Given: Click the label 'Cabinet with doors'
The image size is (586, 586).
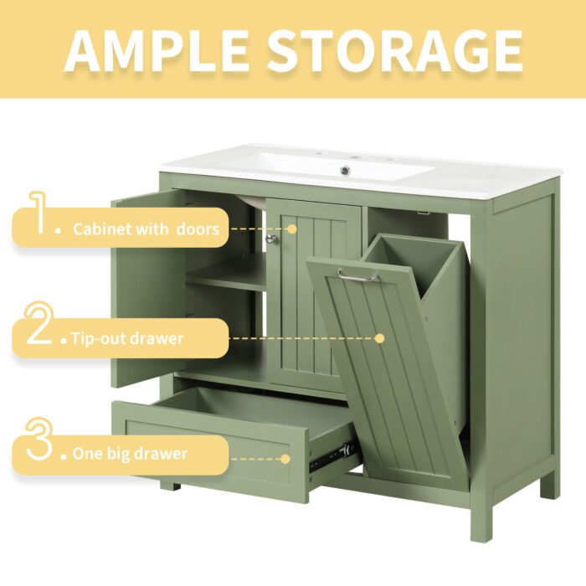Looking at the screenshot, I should coord(146,229).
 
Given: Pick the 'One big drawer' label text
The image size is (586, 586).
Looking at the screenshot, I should coord(130,455).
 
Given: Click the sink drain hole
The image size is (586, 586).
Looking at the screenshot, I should coord(344,170).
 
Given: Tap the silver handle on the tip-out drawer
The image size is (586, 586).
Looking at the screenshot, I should coord(359,275).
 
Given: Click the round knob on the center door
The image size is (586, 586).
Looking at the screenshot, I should coord(270,240).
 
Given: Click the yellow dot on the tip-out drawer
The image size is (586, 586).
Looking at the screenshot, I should coord(379,339).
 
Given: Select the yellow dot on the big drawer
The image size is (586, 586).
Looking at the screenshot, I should coord(285,459).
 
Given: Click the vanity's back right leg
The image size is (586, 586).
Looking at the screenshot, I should coord(548,486).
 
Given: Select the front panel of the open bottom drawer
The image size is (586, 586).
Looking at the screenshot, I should coord(209,452).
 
